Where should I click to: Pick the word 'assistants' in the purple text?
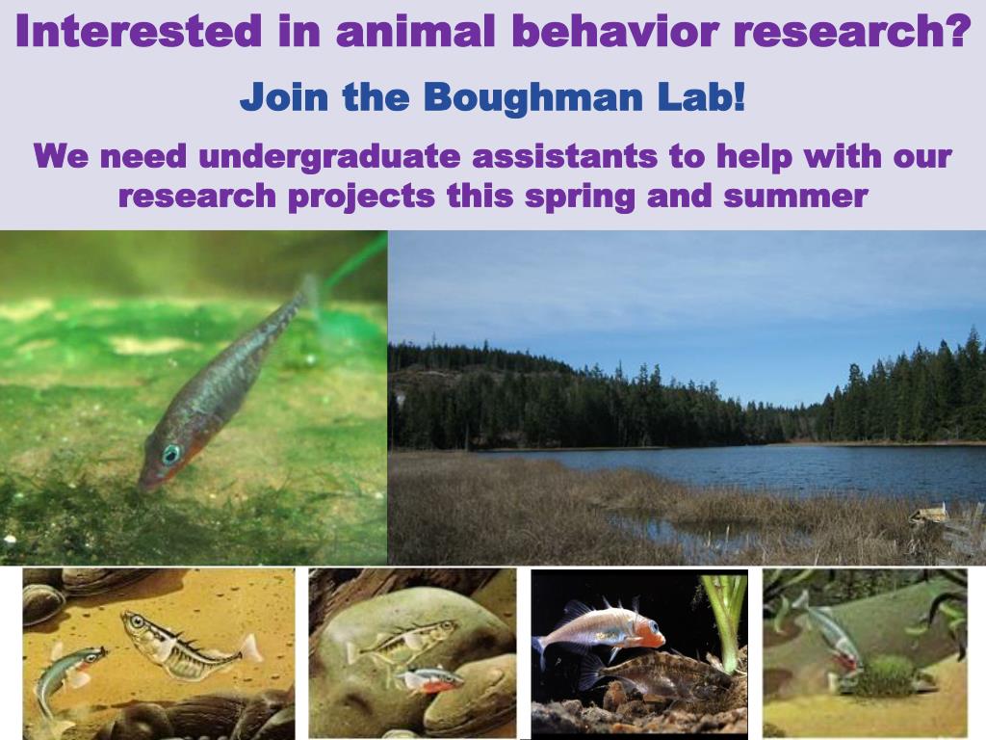564,156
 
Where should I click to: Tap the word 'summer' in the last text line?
795,198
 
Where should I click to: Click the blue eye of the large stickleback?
170,454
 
